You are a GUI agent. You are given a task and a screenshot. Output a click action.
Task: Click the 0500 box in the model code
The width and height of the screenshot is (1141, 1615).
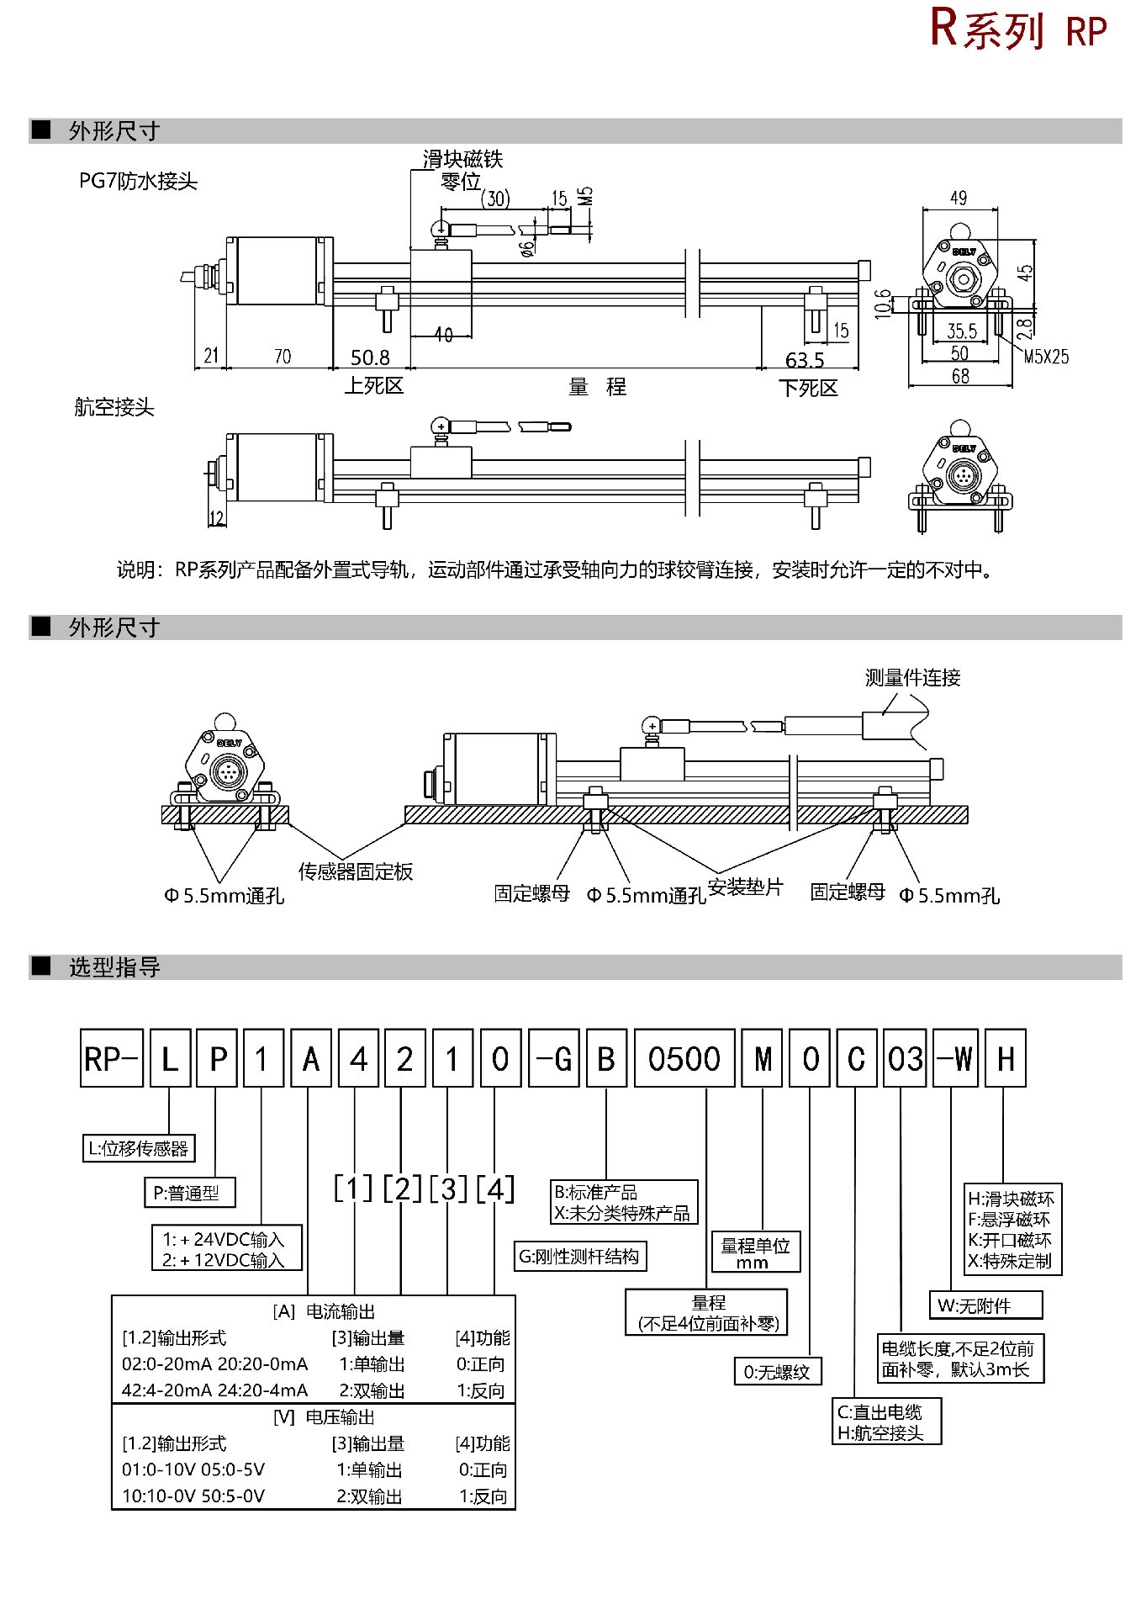pyautogui.click(x=684, y=1059)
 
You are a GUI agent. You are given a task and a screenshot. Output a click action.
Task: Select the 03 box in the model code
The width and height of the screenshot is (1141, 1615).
pyautogui.click(x=905, y=1059)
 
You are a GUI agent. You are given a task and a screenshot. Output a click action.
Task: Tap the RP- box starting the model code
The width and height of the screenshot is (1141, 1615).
pyautogui.click(x=112, y=1059)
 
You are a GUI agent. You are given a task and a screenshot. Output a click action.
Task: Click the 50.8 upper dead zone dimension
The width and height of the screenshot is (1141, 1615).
pyautogui.click(x=370, y=358)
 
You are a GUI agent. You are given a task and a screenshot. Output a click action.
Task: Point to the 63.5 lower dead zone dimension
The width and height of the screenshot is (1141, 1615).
pyautogui.click(x=805, y=361)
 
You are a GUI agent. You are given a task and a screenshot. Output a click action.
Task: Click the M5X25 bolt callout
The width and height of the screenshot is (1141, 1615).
pyautogui.click(x=1046, y=357)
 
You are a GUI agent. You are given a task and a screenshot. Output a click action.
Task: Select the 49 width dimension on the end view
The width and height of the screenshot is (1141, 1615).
pyautogui.click(x=959, y=199)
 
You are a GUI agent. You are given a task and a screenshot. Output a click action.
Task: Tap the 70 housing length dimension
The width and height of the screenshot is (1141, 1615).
pyautogui.click(x=283, y=357)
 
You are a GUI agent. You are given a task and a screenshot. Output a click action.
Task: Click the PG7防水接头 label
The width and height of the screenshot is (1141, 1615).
pyautogui.click(x=138, y=182)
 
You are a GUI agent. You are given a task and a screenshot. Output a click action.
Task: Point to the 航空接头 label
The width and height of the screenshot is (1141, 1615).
pyautogui.click(x=114, y=408)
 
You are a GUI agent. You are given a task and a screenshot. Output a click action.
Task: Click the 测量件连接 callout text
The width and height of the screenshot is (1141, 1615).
pyautogui.click(x=912, y=678)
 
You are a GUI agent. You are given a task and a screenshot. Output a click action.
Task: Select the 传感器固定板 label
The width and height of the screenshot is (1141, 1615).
pyautogui.click(x=356, y=872)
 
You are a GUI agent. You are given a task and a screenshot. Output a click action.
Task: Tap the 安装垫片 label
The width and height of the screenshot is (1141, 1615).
pyautogui.click(x=745, y=887)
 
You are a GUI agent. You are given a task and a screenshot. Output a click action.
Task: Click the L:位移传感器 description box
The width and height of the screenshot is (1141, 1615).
pyautogui.click(x=139, y=1149)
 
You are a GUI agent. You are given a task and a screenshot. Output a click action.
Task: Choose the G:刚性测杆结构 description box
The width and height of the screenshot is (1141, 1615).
pyautogui.click(x=579, y=1257)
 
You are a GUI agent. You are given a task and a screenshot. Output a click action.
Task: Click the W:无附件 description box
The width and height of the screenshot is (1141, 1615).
pyautogui.click(x=985, y=1305)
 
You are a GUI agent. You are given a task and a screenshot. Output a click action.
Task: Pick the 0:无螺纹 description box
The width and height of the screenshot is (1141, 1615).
pyautogui.click(x=777, y=1372)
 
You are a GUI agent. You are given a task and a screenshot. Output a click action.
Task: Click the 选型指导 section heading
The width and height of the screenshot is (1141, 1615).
pyautogui.click(x=114, y=967)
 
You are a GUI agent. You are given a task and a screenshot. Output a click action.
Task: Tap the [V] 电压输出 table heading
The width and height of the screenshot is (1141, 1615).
pyautogui.click(x=324, y=1417)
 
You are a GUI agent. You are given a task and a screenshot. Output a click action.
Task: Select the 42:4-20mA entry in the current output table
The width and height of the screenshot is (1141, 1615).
pyautogui.click(x=164, y=1390)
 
